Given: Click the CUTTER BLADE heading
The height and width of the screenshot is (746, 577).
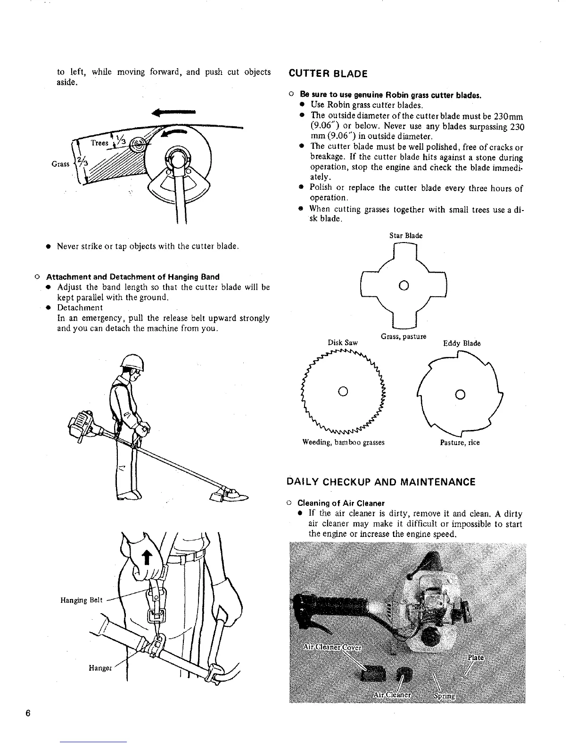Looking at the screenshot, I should click(328, 73).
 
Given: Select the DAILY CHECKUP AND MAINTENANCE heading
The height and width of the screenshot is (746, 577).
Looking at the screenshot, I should click(381, 482).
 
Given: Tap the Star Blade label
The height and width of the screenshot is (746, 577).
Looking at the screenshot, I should click(406, 235).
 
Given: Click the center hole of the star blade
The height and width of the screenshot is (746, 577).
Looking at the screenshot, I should click(403, 285).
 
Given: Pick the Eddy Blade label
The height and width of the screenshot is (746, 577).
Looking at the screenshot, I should click(462, 343).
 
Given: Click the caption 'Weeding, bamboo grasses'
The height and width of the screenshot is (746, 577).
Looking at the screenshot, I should click(343, 443).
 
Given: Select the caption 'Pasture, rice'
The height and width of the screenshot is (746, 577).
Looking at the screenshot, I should click(460, 443).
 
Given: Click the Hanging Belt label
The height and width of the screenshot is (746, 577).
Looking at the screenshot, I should click(81, 600).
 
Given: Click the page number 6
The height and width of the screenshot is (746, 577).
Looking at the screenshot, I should click(28, 713).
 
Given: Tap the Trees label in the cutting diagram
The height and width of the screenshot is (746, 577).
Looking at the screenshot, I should click(100, 143).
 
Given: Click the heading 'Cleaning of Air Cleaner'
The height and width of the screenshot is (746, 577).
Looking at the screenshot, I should click(341, 503).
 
